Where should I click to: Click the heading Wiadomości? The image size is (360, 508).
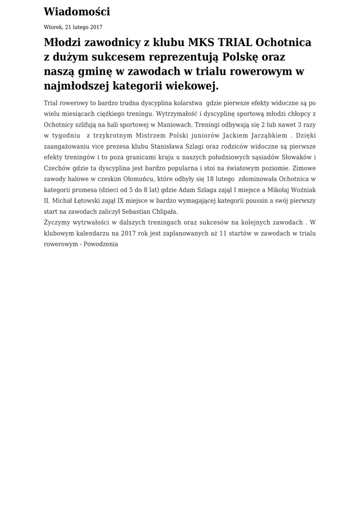pyautogui.click(x=77, y=12)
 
